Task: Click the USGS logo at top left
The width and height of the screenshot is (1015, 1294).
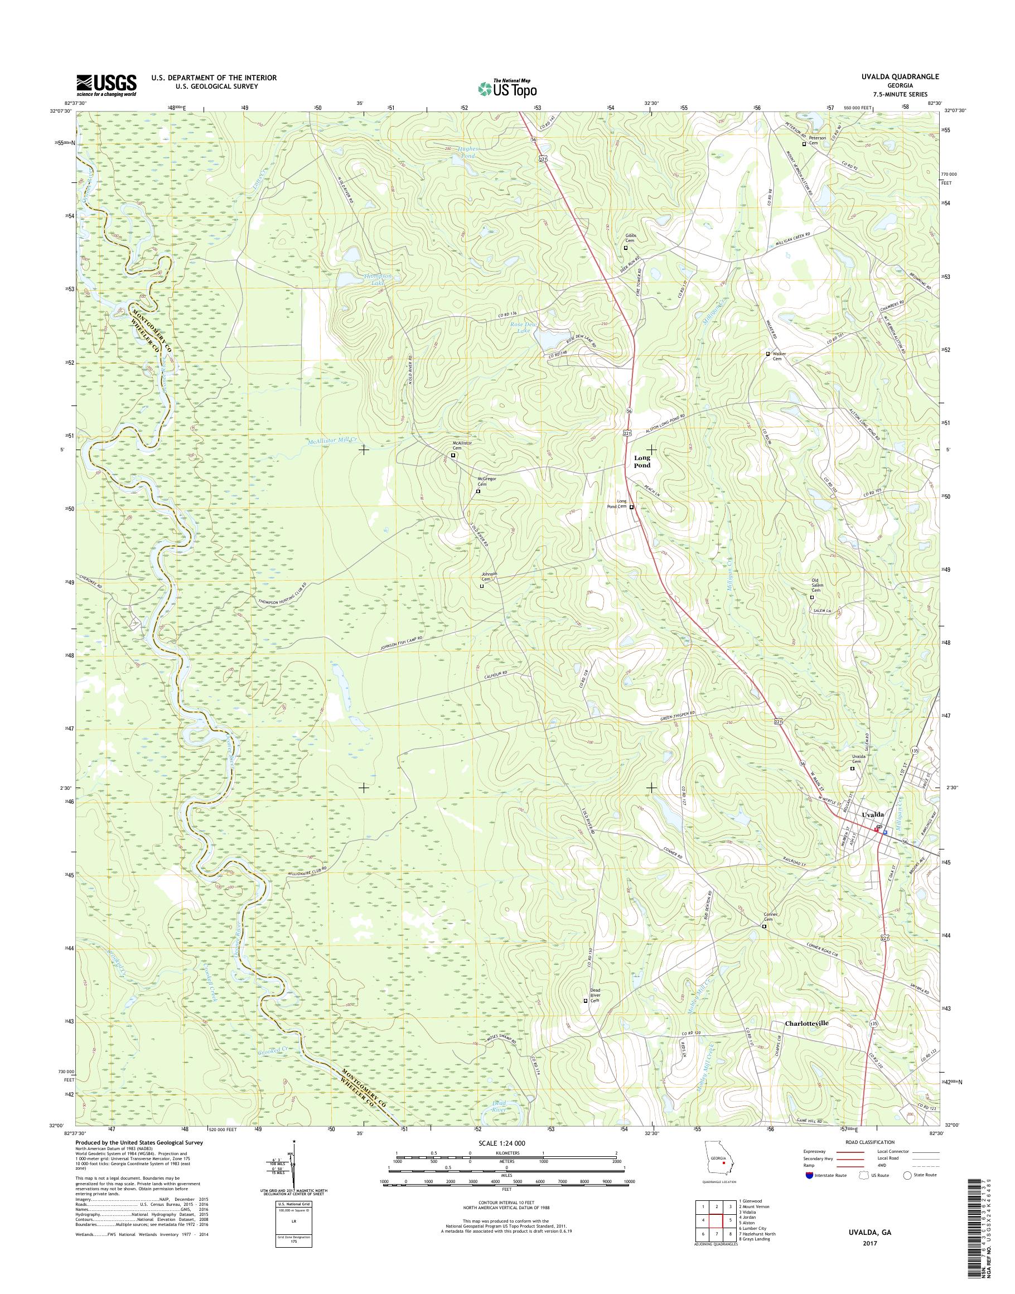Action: (107, 85)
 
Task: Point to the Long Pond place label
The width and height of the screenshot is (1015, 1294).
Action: (642, 461)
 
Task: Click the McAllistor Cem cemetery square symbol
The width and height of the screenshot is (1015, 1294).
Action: (453, 455)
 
